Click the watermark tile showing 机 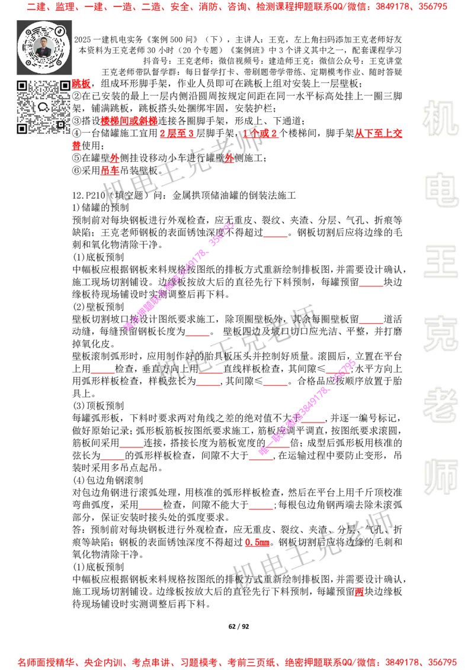[440, 118]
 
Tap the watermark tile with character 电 [443, 189]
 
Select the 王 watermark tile [440, 262]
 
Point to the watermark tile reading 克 [440, 334]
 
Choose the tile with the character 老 [440, 405]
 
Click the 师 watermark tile [440, 478]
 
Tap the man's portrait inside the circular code [44, 47]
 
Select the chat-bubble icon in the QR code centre [43, 107]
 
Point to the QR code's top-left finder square [23, 86]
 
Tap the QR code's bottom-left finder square [23, 128]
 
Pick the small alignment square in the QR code [60, 124]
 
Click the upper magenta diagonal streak [178, 276]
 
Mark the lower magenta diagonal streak [306, 407]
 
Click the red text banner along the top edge [237, 7]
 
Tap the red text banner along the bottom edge [237, 662]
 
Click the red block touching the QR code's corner [81, 84]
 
